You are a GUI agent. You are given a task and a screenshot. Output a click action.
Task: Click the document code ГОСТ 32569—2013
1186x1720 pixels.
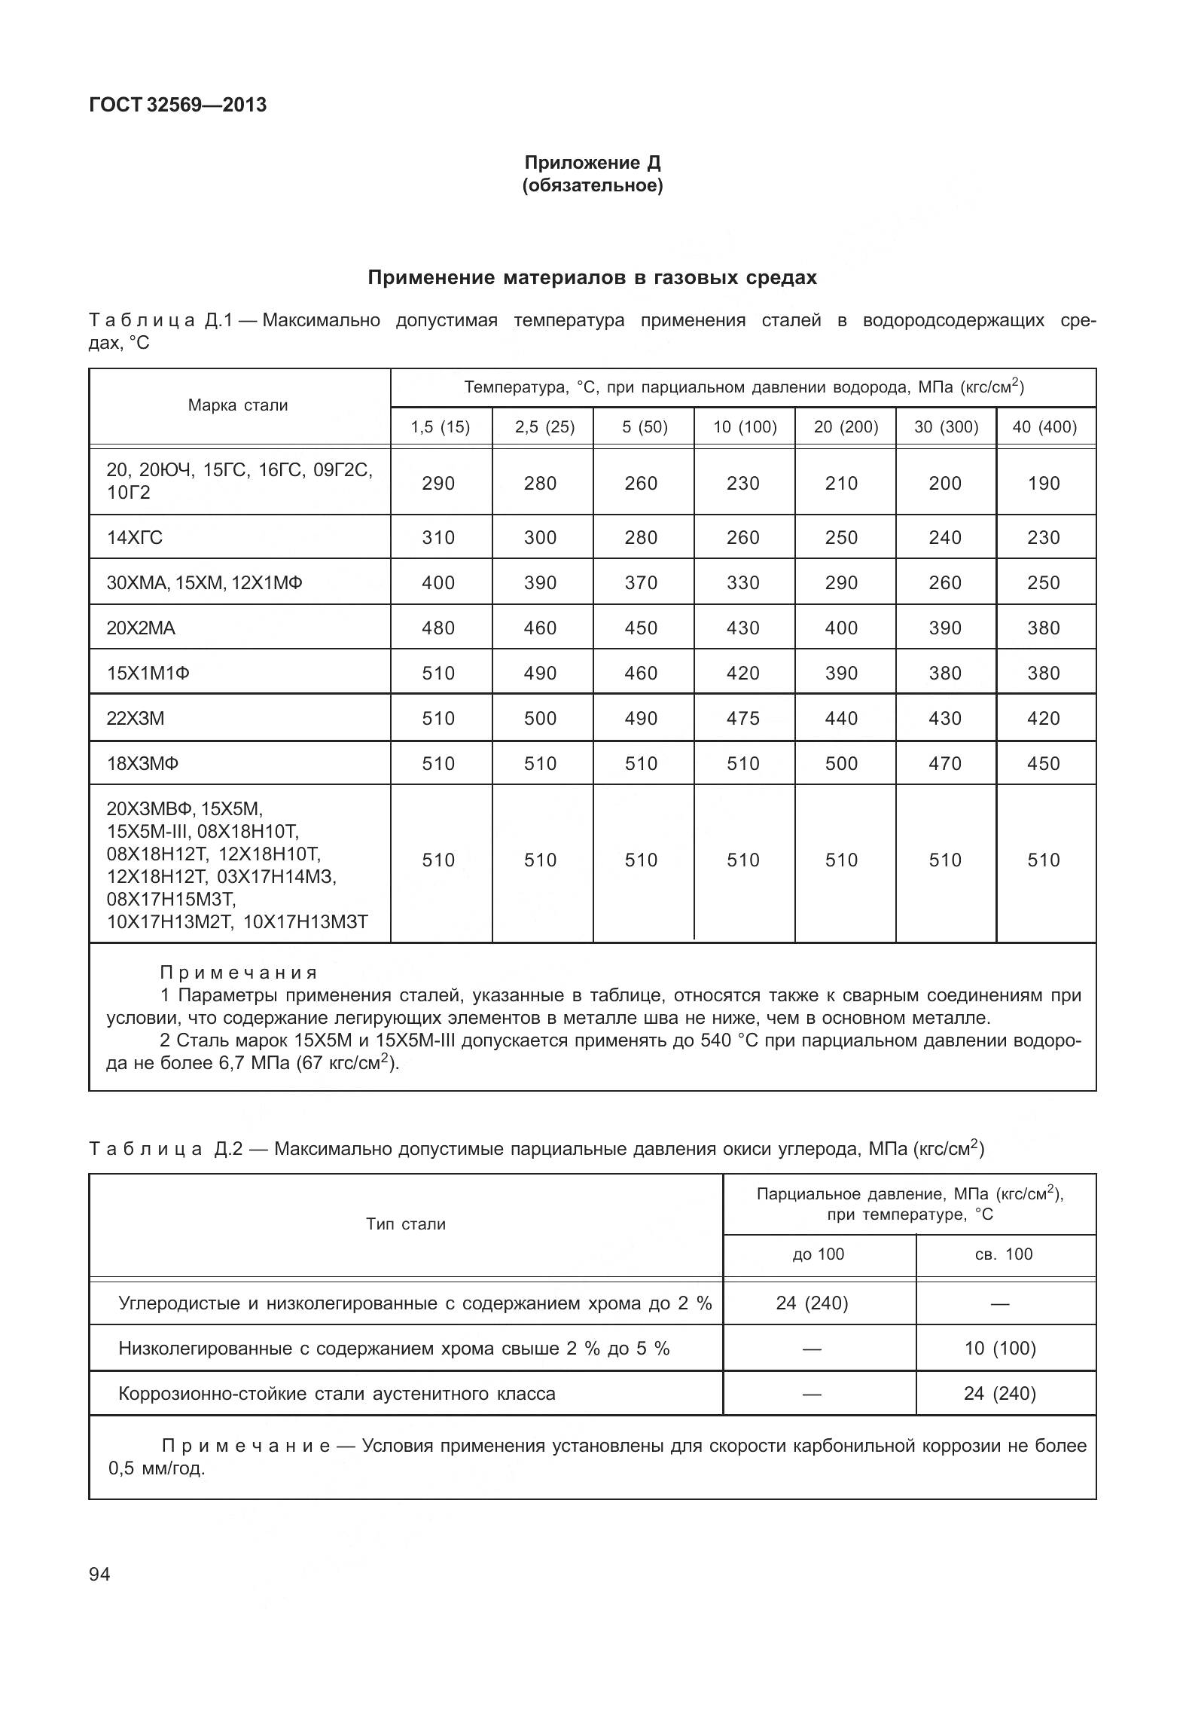tap(178, 105)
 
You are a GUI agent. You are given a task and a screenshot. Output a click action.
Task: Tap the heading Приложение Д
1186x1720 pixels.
tap(592, 163)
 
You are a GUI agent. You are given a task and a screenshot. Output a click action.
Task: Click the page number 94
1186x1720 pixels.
tap(99, 1574)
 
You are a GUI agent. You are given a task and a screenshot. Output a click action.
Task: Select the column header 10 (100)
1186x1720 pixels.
tap(744, 427)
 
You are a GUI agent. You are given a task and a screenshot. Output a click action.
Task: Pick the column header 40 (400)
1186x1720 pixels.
tap(1044, 427)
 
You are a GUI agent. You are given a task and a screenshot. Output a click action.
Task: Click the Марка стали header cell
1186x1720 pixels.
tap(238, 405)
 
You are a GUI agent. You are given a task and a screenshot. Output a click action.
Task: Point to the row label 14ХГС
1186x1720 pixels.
tap(135, 537)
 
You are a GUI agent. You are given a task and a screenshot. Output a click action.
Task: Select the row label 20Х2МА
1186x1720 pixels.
tap(141, 628)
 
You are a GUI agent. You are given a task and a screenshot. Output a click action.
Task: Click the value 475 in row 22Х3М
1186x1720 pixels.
tap(742, 718)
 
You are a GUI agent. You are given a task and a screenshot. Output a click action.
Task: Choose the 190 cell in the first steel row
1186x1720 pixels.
tap(1043, 483)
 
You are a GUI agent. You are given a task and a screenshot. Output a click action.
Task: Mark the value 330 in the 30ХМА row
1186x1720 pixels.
tap(742, 582)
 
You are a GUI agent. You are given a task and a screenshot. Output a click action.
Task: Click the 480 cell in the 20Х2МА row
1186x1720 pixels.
tap(438, 628)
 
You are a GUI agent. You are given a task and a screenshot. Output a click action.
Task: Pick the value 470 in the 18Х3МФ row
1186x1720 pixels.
tap(944, 763)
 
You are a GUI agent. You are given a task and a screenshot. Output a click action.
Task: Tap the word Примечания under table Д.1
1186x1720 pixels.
tap(239, 973)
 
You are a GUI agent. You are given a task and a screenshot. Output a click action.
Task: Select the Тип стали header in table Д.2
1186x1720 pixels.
tap(405, 1224)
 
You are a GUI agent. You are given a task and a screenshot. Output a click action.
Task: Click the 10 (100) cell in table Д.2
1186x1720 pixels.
tap(999, 1348)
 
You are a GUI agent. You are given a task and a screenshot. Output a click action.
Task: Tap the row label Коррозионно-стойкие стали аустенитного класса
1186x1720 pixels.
tap(337, 1393)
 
